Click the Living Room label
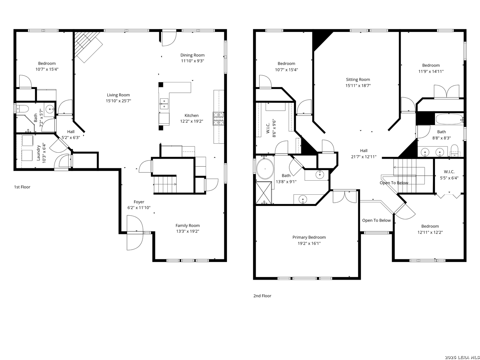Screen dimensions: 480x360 coord(118,95)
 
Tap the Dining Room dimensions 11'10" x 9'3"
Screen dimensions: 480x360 coord(192,61)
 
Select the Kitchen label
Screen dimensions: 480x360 coord(192,115)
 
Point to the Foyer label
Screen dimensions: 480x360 coord(139,202)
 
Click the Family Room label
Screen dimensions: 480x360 coord(188,226)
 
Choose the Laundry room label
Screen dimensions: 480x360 coord(38,153)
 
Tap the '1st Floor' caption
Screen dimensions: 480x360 coord(22,187)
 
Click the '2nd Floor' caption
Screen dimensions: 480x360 coord(262,296)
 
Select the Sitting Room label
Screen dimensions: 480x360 coord(358,80)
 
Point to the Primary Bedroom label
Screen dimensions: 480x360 coord(309,237)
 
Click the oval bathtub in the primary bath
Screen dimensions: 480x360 coord(265,169)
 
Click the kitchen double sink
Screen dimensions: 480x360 coord(164,104)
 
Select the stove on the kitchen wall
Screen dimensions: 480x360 coord(218,119)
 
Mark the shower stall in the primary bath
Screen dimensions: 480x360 coord(264,193)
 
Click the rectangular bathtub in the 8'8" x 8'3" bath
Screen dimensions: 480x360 coord(449,119)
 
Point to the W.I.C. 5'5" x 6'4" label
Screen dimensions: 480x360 coord(449,175)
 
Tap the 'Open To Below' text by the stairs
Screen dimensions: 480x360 coord(394,183)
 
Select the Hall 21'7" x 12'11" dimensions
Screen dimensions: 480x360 coord(364,157)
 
